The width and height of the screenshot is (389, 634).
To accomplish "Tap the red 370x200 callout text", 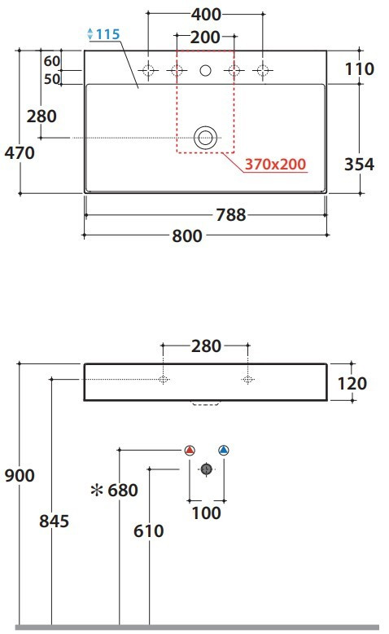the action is (276, 164).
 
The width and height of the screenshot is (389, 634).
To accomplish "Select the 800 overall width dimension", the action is (187, 236).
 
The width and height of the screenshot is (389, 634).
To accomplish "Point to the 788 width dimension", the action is (230, 214).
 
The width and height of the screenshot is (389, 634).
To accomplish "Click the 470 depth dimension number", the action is (20, 153).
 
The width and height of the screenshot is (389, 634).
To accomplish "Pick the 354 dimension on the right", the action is (359, 164).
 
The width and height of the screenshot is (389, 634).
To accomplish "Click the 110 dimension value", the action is (359, 69).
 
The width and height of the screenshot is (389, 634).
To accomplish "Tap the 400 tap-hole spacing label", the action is (206, 15).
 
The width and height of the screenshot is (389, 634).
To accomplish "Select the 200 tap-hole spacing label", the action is (205, 37).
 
